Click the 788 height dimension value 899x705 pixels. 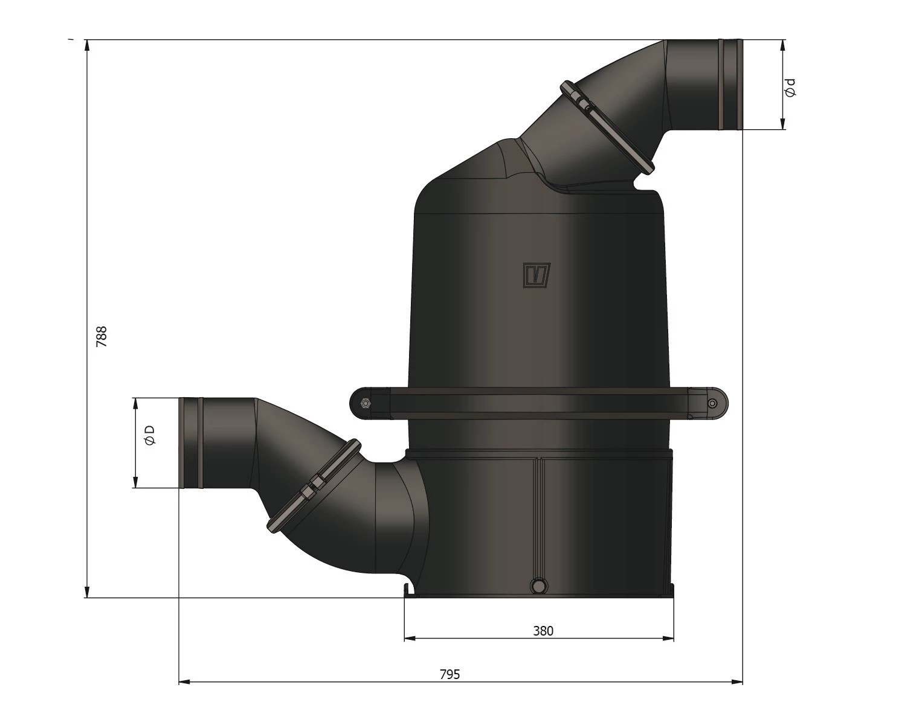pyautogui.click(x=101, y=336)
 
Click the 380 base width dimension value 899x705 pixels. pyautogui.click(x=543, y=631)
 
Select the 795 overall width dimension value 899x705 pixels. pyautogui.click(x=449, y=674)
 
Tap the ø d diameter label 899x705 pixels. pyautogui.click(x=790, y=88)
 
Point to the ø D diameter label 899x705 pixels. pyautogui.click(x=150, y=435)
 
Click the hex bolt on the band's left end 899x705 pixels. pyautogui.click(x=364, y=404)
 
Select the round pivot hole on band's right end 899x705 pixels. pyautogui.click(x=713, y=403)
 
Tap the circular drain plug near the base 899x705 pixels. pyautogui.click(x=537, y=585)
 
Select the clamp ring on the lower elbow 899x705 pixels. pyautogui.click(x=314, y=485)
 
